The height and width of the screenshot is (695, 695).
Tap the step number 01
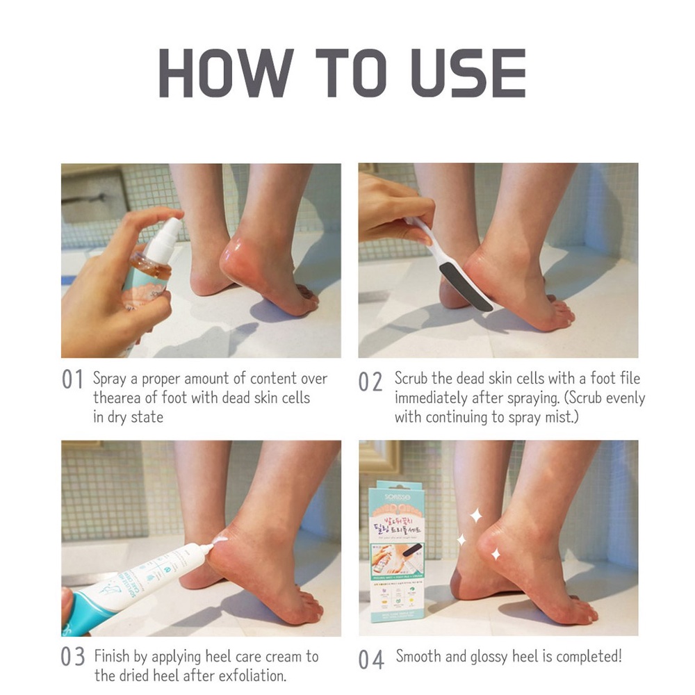72,379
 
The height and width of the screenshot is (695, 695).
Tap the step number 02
370,382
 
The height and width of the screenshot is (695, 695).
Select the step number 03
72,657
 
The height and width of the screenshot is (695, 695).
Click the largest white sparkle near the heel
476,516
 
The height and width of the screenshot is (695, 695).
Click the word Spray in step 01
109,379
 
